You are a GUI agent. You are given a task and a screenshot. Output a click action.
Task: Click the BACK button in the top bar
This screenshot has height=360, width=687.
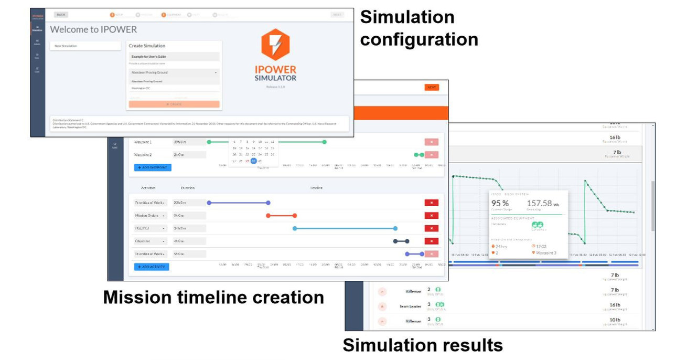[x=61, y=15]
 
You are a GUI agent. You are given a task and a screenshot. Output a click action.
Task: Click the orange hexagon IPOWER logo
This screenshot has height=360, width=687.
[x=275, y=45]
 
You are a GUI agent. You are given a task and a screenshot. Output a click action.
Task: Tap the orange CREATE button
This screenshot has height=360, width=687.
[x=174, y=104]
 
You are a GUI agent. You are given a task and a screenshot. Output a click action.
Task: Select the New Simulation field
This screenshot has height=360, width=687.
[x=86, y=46]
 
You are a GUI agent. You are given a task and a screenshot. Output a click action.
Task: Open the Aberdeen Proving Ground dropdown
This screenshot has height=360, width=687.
[x=174, y=72]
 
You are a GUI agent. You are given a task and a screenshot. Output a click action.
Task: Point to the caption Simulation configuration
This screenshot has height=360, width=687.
[x=418, y=28]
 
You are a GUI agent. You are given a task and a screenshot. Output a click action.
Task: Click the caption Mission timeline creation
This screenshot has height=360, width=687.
[x=213, y=298]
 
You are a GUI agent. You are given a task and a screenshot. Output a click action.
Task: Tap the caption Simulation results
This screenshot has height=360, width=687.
[x=422, y=345]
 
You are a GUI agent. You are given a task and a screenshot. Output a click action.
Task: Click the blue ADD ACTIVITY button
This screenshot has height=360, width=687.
[x=152, y=267]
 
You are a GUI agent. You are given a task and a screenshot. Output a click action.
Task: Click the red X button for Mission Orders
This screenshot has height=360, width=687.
[x=431, y=215]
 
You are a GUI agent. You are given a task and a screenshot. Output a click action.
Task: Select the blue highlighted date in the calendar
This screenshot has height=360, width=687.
[x=253, y=161]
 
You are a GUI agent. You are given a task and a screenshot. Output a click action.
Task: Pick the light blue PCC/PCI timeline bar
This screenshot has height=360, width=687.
[x=345, y=228]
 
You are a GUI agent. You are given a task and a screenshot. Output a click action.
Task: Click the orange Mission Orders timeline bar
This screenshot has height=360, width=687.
[x=281, y=215]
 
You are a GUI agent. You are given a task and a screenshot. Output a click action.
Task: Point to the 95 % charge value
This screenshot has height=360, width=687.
[x=500, y=204]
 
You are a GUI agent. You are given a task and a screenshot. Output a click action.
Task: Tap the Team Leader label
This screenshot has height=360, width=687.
[x=411, y=306]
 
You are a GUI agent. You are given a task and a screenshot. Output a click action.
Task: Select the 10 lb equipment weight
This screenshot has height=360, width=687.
[x=615, y=320]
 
